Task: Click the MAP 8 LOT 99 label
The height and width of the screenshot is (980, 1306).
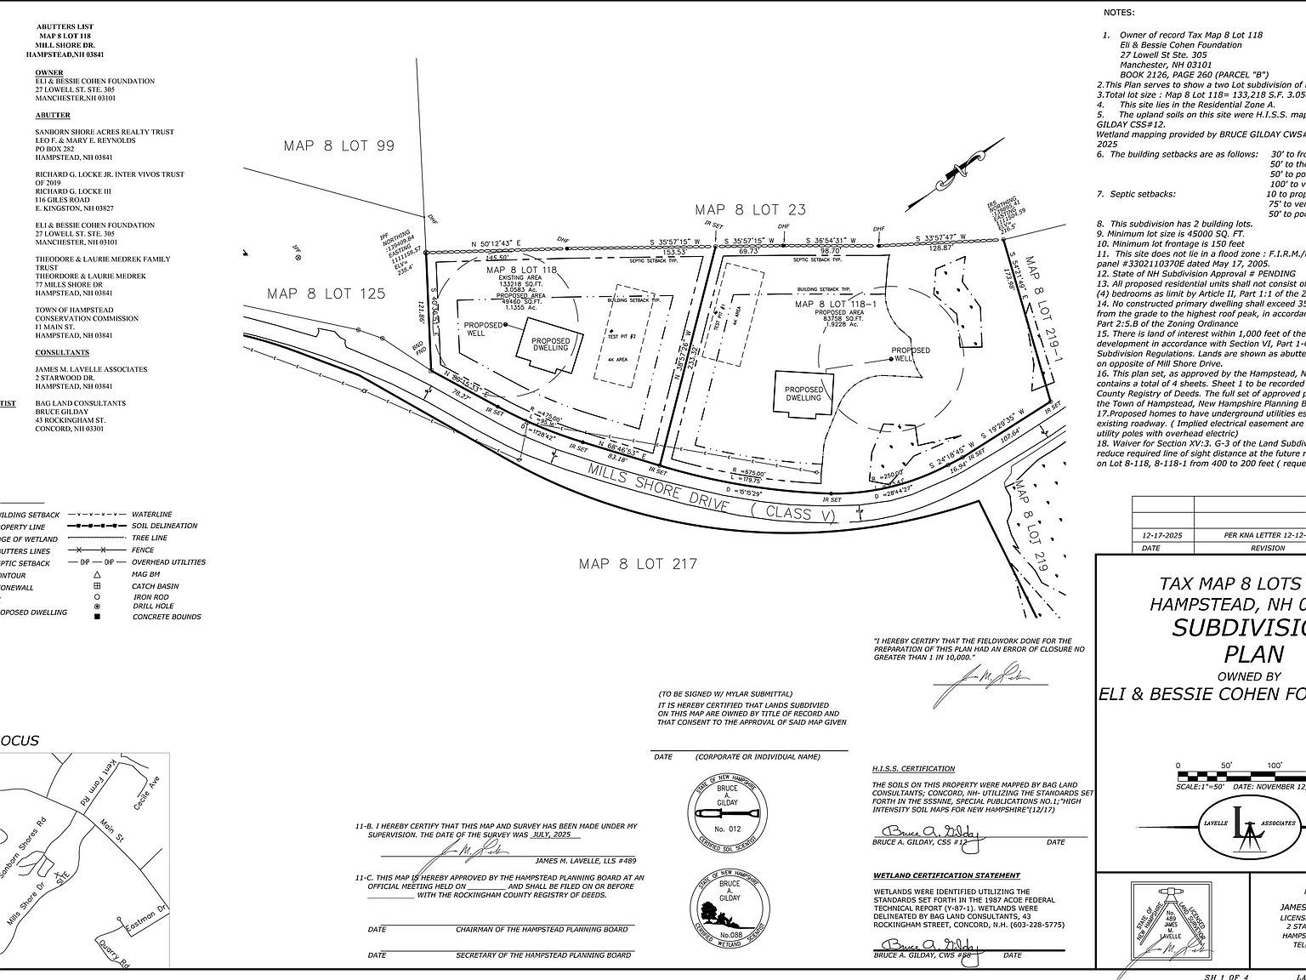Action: click(x=339, y=145)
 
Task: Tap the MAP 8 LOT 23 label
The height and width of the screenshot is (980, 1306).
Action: click(x=750, y=209)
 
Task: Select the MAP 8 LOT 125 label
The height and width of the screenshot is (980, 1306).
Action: click(x=326, y=293)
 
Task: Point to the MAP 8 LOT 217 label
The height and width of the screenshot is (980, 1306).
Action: click(x=638, y=563)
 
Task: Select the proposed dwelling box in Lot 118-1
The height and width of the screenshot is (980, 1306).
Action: click(x=803, y=392)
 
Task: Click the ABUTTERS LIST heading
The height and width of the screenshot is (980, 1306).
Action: click(x=65, y=26)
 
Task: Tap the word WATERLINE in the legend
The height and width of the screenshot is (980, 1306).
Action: click(x=151, y=515)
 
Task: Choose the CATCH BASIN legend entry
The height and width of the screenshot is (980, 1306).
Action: click(x=155, y=586)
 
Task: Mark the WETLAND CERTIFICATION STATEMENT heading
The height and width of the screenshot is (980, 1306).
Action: click(x=945, y=875)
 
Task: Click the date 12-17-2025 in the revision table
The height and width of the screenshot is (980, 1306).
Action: click(x=1162, y=535)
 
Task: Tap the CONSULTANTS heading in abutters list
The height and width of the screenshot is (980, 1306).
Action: click(x=62, y=352)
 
